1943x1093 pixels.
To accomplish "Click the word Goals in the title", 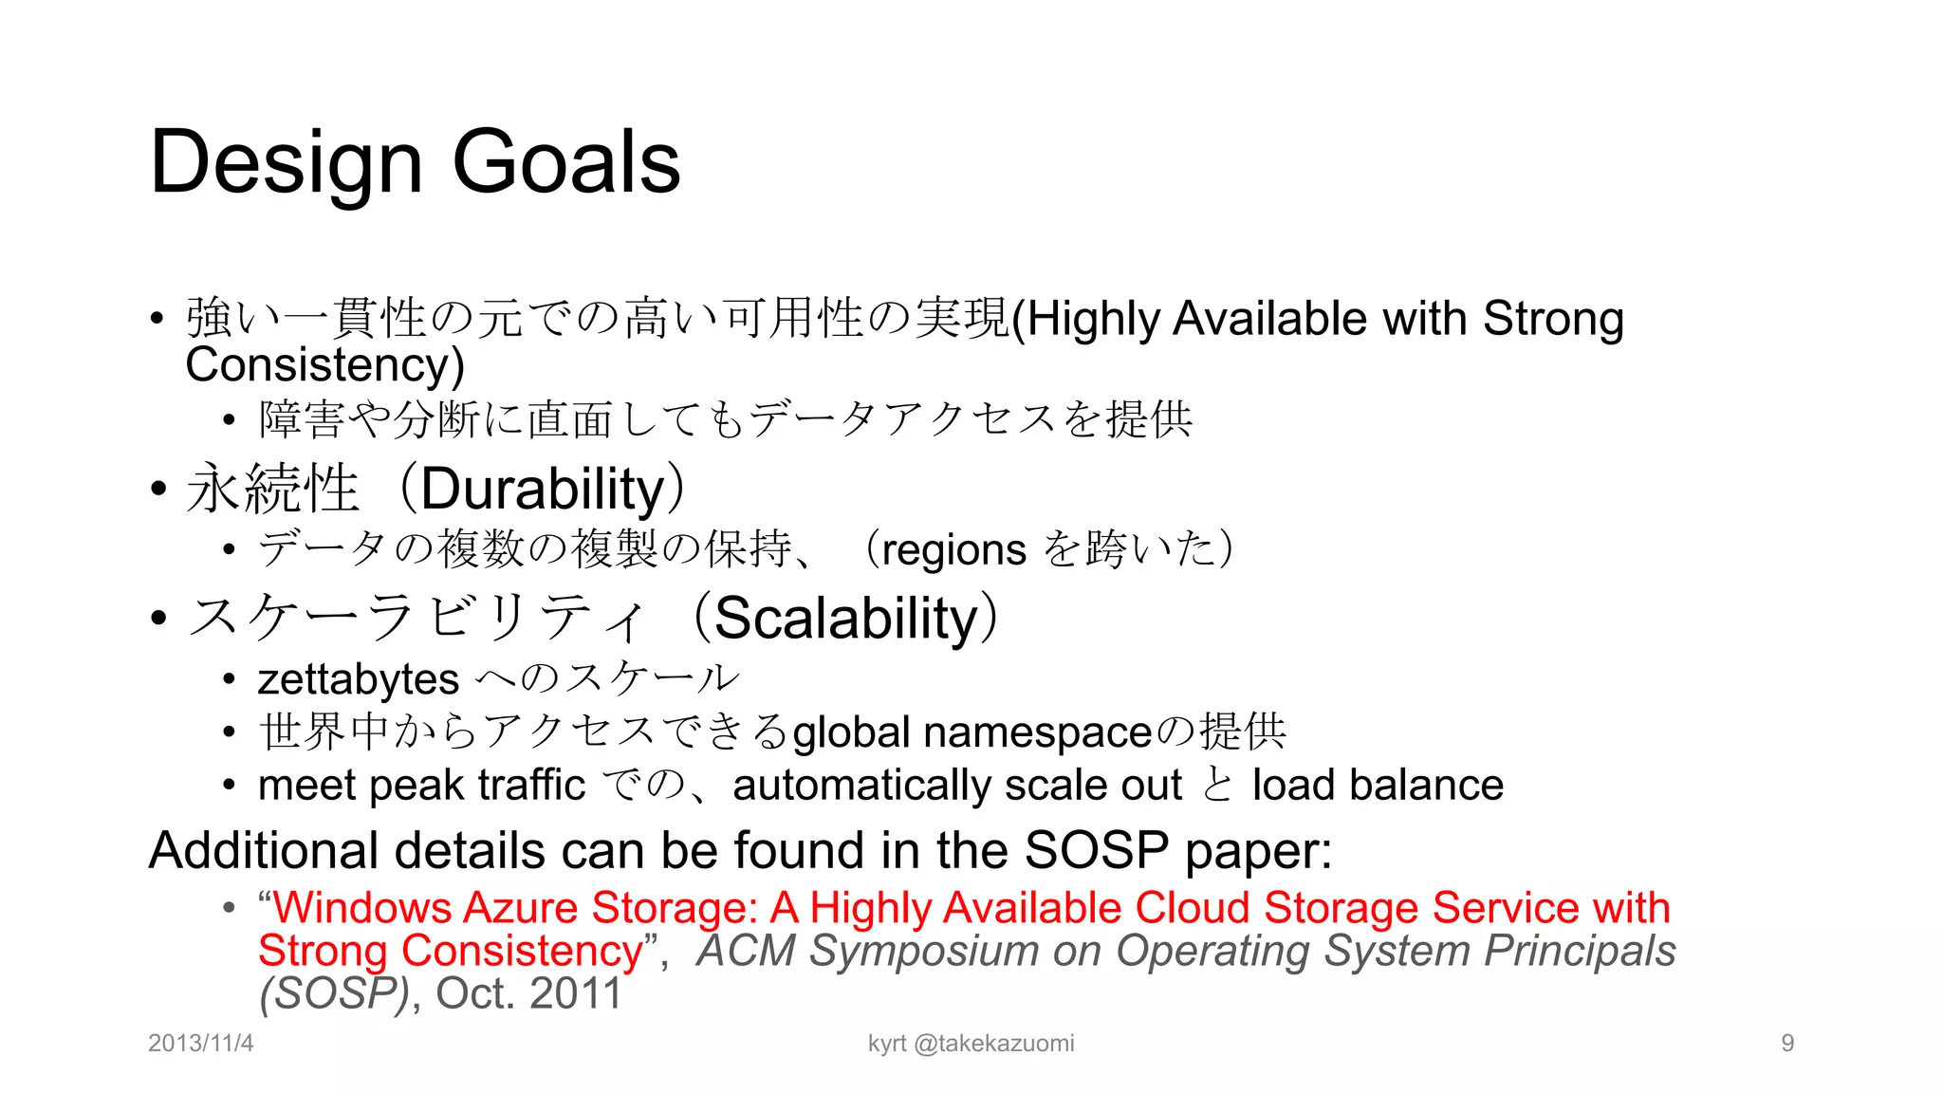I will tap(566, 161).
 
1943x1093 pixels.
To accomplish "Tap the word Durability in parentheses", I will tap(543, 490).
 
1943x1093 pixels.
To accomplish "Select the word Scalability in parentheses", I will tap(846, 619).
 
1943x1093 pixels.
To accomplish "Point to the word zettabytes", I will tap(359, 679).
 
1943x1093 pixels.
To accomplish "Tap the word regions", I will tap(953, 550).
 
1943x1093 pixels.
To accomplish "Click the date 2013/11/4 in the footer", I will tap(201, 1044).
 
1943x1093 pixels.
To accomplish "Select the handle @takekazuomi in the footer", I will tap(994, 1044).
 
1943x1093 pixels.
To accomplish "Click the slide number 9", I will tap(1787, 1044).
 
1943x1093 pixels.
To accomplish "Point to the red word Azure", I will tap(520, 908).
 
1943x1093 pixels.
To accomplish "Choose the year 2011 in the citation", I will tap(575, 993).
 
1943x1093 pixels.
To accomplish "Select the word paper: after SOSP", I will tap(1258, 850).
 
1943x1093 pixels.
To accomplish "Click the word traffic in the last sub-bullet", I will tap(531, 786).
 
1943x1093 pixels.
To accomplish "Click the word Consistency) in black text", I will tap(324, 365).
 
